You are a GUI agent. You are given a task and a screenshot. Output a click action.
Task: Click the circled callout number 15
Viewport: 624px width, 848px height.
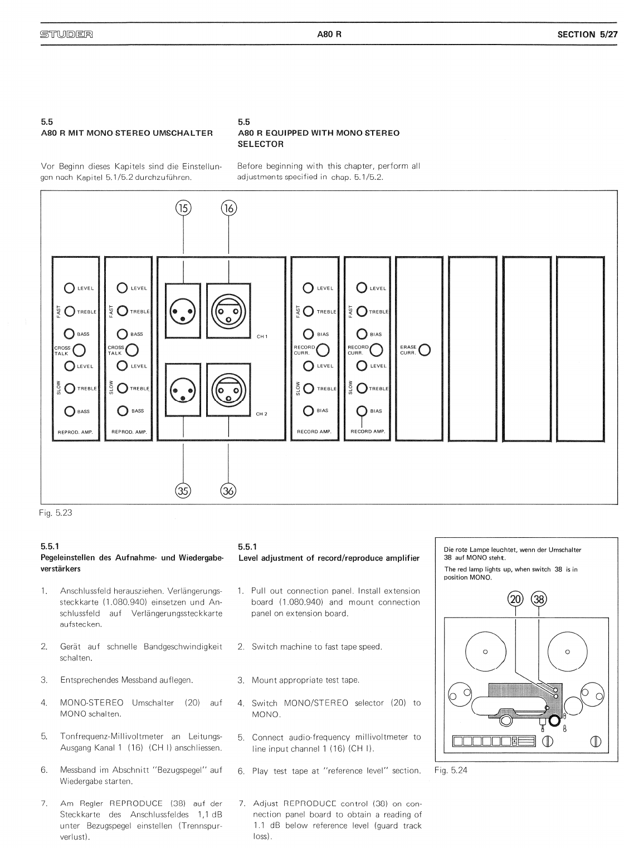[183, 208]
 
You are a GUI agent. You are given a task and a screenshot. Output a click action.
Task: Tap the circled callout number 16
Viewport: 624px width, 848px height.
[229, 208]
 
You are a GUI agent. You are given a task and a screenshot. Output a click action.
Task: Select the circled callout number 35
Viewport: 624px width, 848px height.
[183, 491]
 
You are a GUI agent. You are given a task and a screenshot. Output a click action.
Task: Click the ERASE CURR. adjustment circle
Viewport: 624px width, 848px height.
[425, 350]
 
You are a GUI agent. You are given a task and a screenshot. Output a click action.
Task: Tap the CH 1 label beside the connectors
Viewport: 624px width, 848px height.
[262, 336]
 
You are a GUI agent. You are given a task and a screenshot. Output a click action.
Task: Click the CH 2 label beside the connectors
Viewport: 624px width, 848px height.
[262, 414]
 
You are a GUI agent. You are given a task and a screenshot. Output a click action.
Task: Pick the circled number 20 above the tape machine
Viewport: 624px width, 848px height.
[516, 599]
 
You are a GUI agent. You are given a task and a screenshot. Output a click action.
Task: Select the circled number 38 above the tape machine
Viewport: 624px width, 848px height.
[539, 599]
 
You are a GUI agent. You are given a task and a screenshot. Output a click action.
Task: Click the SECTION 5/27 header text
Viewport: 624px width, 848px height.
[587, 34]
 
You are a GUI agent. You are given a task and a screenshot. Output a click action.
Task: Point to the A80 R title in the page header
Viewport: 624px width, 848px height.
[329, 34]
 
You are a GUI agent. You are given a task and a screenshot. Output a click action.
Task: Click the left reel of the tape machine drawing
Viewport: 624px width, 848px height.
[485, 651]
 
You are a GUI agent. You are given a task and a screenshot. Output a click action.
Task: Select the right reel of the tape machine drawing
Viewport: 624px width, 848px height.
[567, 651]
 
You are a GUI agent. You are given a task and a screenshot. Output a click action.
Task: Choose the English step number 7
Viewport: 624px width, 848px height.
[242, 803]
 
